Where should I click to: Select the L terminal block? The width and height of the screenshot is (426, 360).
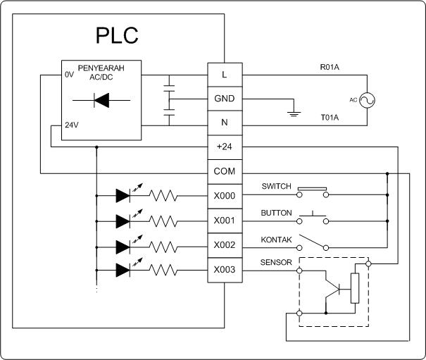tap(224, 73)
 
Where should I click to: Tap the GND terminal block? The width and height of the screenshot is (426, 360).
tap(224, 98)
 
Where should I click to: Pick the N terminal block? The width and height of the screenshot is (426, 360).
tap(224, 123)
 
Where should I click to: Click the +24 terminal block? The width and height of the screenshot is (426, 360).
tap(224, 147)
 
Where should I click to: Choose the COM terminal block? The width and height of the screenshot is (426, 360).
tap(224, 172)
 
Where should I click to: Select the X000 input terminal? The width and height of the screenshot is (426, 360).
tap(224, 197)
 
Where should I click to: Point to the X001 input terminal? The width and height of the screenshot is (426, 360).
tap(224, 221)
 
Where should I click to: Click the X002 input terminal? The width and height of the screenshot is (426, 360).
tap(224, 246)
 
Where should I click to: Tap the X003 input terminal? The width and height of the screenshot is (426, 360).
tap(224, 270)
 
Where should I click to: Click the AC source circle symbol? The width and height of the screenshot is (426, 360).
tap(366, 100)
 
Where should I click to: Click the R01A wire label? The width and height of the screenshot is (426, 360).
tap(330, 68)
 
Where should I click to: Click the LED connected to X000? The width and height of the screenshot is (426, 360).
tap(123, 197)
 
